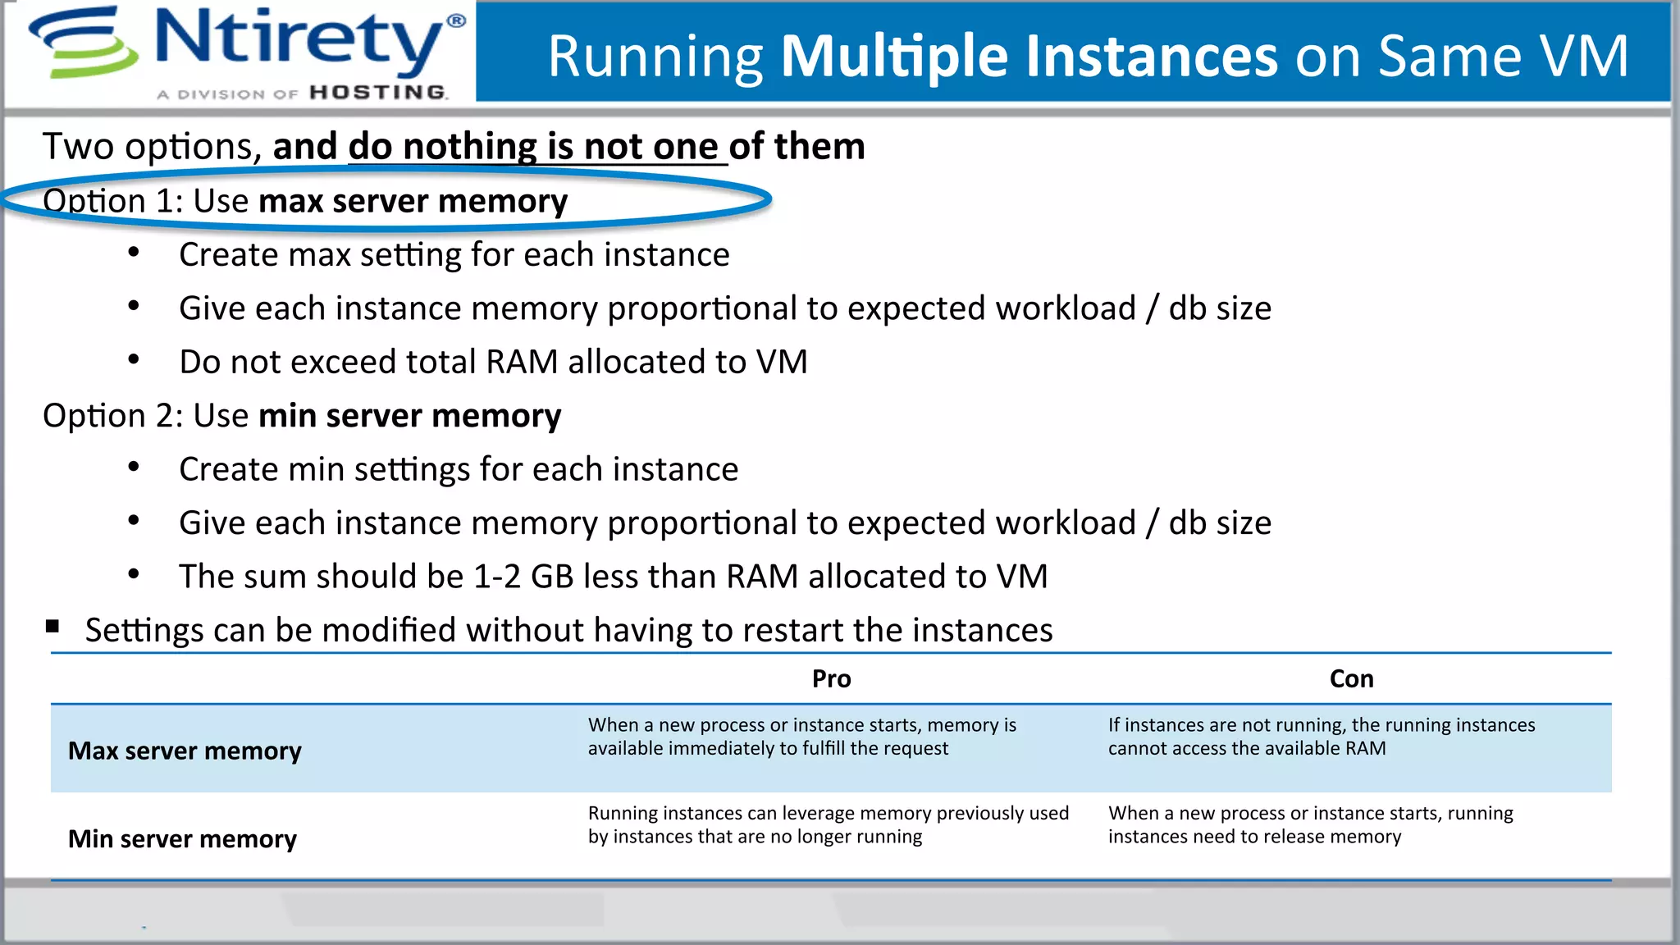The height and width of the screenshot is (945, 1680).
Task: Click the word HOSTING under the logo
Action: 378,93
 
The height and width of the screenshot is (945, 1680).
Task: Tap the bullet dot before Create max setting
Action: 134,253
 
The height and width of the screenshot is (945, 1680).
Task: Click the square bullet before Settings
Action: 53,628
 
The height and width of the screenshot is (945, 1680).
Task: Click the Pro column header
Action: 831,679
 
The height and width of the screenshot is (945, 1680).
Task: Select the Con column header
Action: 1351,679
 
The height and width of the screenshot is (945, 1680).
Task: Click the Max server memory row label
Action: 185,751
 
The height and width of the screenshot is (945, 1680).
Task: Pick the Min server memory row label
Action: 182,839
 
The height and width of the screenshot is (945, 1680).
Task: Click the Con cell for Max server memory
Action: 1321,737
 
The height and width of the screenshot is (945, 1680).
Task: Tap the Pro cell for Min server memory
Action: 828,824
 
